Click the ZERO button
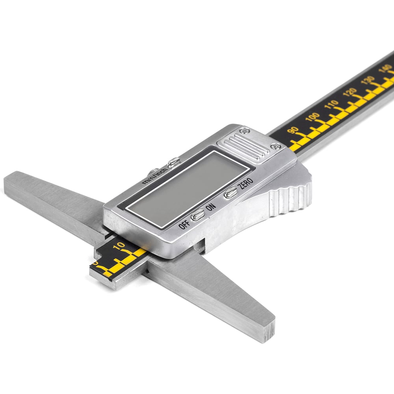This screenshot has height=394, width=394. click(230, 193)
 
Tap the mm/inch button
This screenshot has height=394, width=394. click(174, 162)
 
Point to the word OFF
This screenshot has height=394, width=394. click(184, 224)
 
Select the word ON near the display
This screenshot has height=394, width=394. click(210, 207)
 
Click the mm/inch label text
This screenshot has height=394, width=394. click(154, 176)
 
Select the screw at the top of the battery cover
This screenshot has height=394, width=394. click(245, 131)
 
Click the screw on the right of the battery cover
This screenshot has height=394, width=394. click(276, 146)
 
